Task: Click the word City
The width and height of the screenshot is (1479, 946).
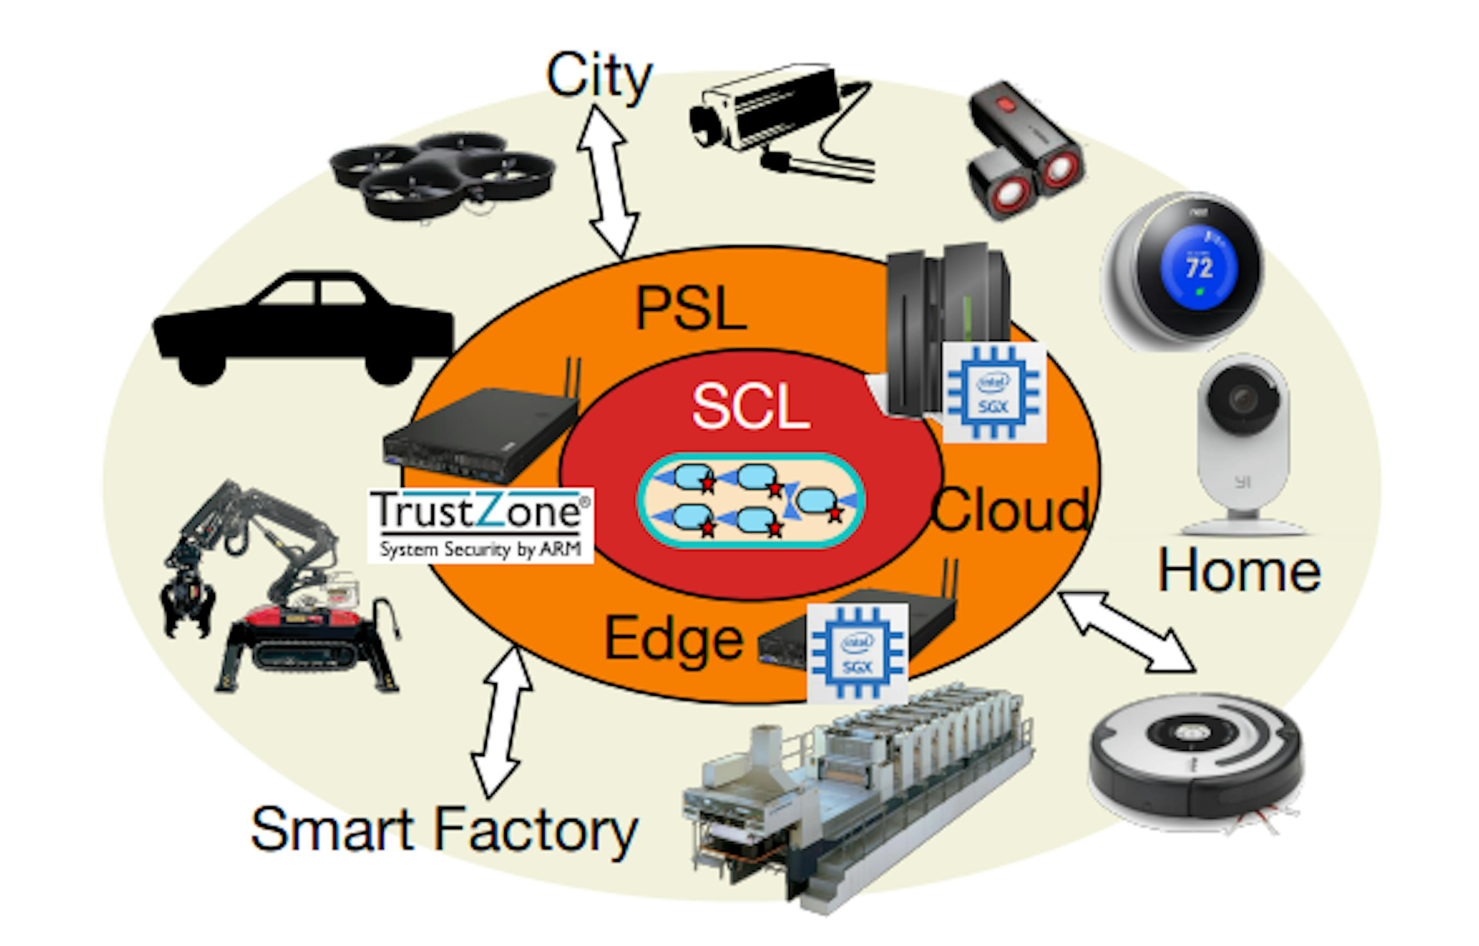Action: (599, 77)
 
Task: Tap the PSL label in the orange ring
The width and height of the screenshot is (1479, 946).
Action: (691, 309)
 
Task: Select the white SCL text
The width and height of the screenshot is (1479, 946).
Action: (751, 407)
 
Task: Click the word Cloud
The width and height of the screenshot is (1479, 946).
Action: (1010, 510)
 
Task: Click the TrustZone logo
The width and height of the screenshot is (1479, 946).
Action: (480, 524)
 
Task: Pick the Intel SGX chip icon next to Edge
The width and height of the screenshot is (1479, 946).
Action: (857, 653)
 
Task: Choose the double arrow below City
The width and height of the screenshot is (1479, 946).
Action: (608, 181)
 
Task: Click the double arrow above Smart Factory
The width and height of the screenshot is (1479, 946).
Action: (501, 722)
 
